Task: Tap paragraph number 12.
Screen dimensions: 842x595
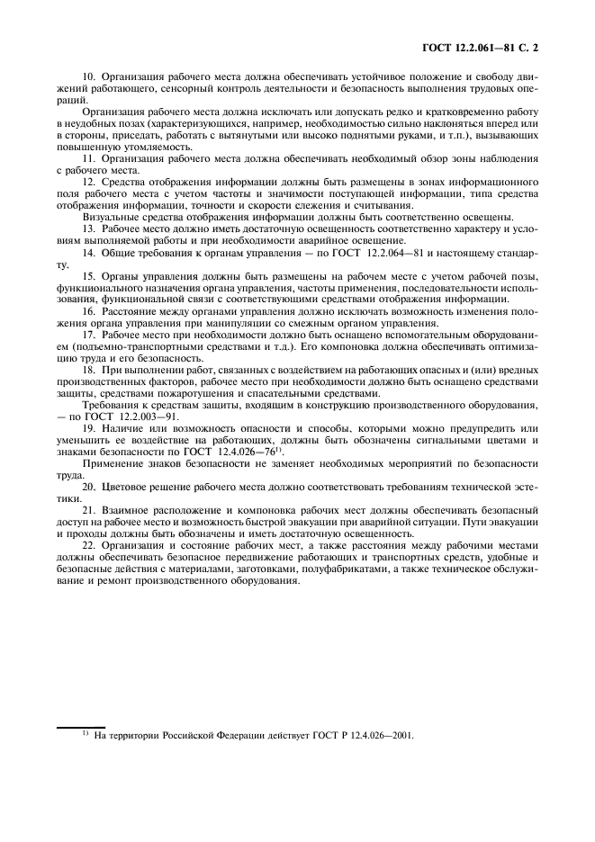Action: (88, 180)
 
